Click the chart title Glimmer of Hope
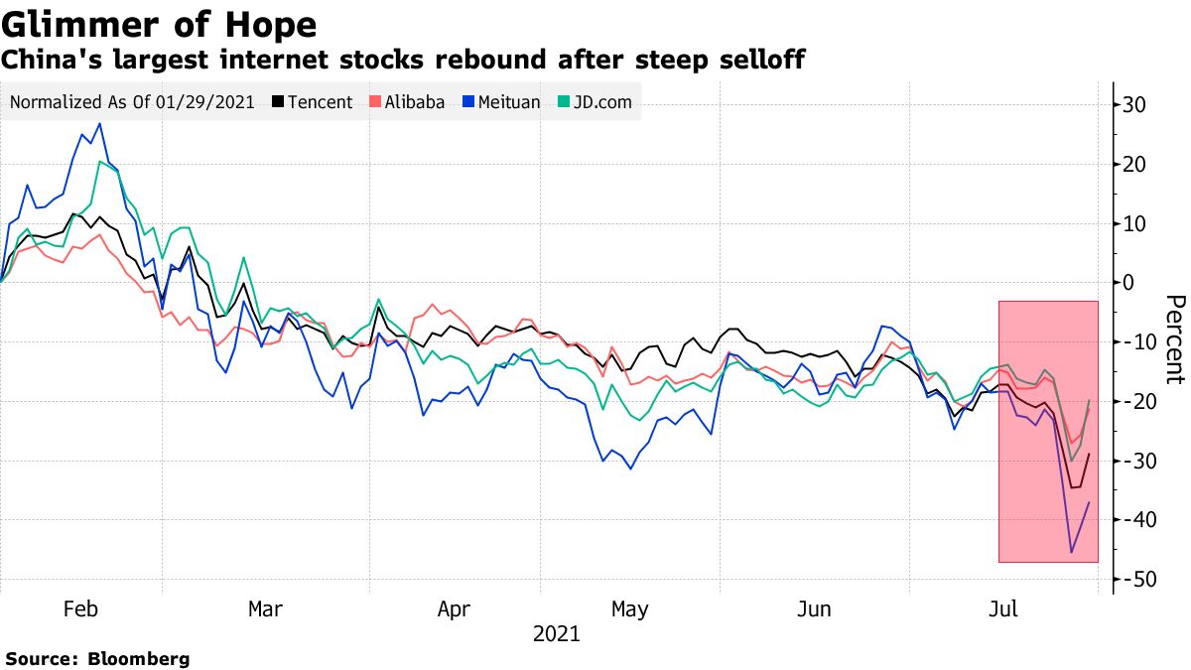159,24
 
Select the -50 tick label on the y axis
1134,580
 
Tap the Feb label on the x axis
80,608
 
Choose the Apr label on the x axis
454,608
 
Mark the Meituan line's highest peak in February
98,124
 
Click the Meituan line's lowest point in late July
1071,552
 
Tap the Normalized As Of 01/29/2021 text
131,102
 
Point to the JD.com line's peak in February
100,161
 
